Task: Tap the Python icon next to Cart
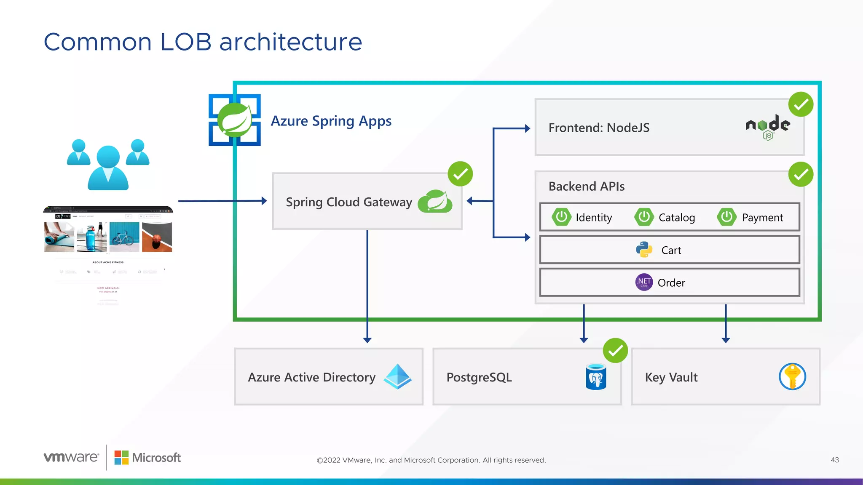[x=644, y=250]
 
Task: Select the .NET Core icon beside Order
[x=644, y=282]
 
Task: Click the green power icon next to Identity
[x=561, y=217]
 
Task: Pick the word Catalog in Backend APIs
[x=676, y=218]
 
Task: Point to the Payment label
[x=762, y=218]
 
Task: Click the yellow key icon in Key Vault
[x=792, y=376]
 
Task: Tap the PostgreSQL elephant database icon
[x=596, y=377]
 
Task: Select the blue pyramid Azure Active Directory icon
[x=397, y=376]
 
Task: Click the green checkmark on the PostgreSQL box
[x=615, y=350]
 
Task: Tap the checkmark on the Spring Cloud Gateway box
[x=460, y=174]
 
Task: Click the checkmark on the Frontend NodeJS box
[x=801, y=104]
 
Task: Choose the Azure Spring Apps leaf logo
[x=235, y=120]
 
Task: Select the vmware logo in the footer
[x=71, y=457]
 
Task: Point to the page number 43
[x=834, y=460]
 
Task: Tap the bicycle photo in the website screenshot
[x=124, y=237]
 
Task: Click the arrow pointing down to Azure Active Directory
[x=367, y=339]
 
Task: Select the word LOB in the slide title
[x=185, y=42]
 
